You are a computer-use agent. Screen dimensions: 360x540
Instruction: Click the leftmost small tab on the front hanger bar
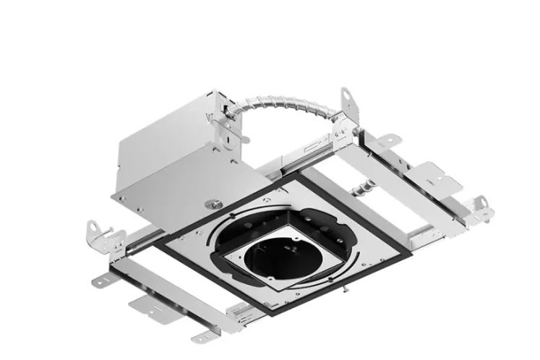click(x=100, y=278)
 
